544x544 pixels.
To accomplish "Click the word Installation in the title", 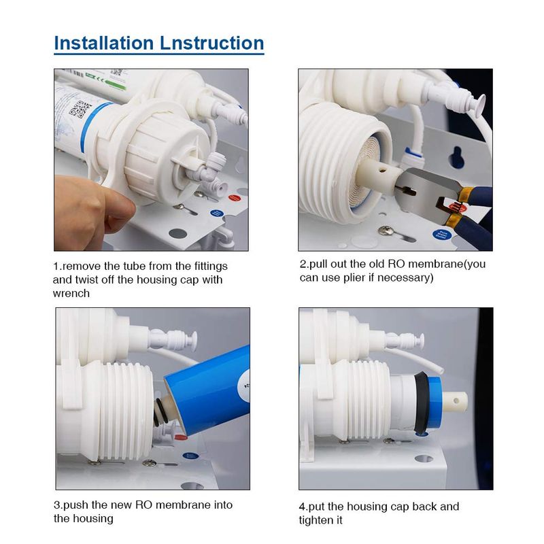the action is point(104,43).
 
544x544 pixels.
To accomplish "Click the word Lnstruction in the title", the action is point(212,43).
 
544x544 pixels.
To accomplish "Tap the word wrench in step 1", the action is point(71,294).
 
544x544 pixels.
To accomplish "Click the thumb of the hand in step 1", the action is point(118,208).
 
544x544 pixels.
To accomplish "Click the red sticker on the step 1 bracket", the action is point(234,198).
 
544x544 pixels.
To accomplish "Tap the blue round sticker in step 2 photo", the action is point(441,235).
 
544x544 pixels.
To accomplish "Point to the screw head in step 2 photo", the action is point(386,230).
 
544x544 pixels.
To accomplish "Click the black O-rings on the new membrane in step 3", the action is point(160,413).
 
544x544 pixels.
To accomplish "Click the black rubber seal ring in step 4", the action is point(420,403).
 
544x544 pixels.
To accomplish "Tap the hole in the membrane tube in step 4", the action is point(456,401).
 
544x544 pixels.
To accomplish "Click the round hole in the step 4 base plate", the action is point(424,459).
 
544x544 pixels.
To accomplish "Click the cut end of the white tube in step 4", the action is point(440,370).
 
